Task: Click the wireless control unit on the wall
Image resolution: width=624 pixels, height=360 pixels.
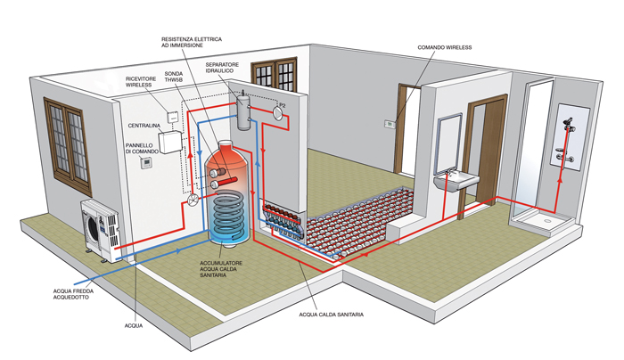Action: (x=390, y=122)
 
